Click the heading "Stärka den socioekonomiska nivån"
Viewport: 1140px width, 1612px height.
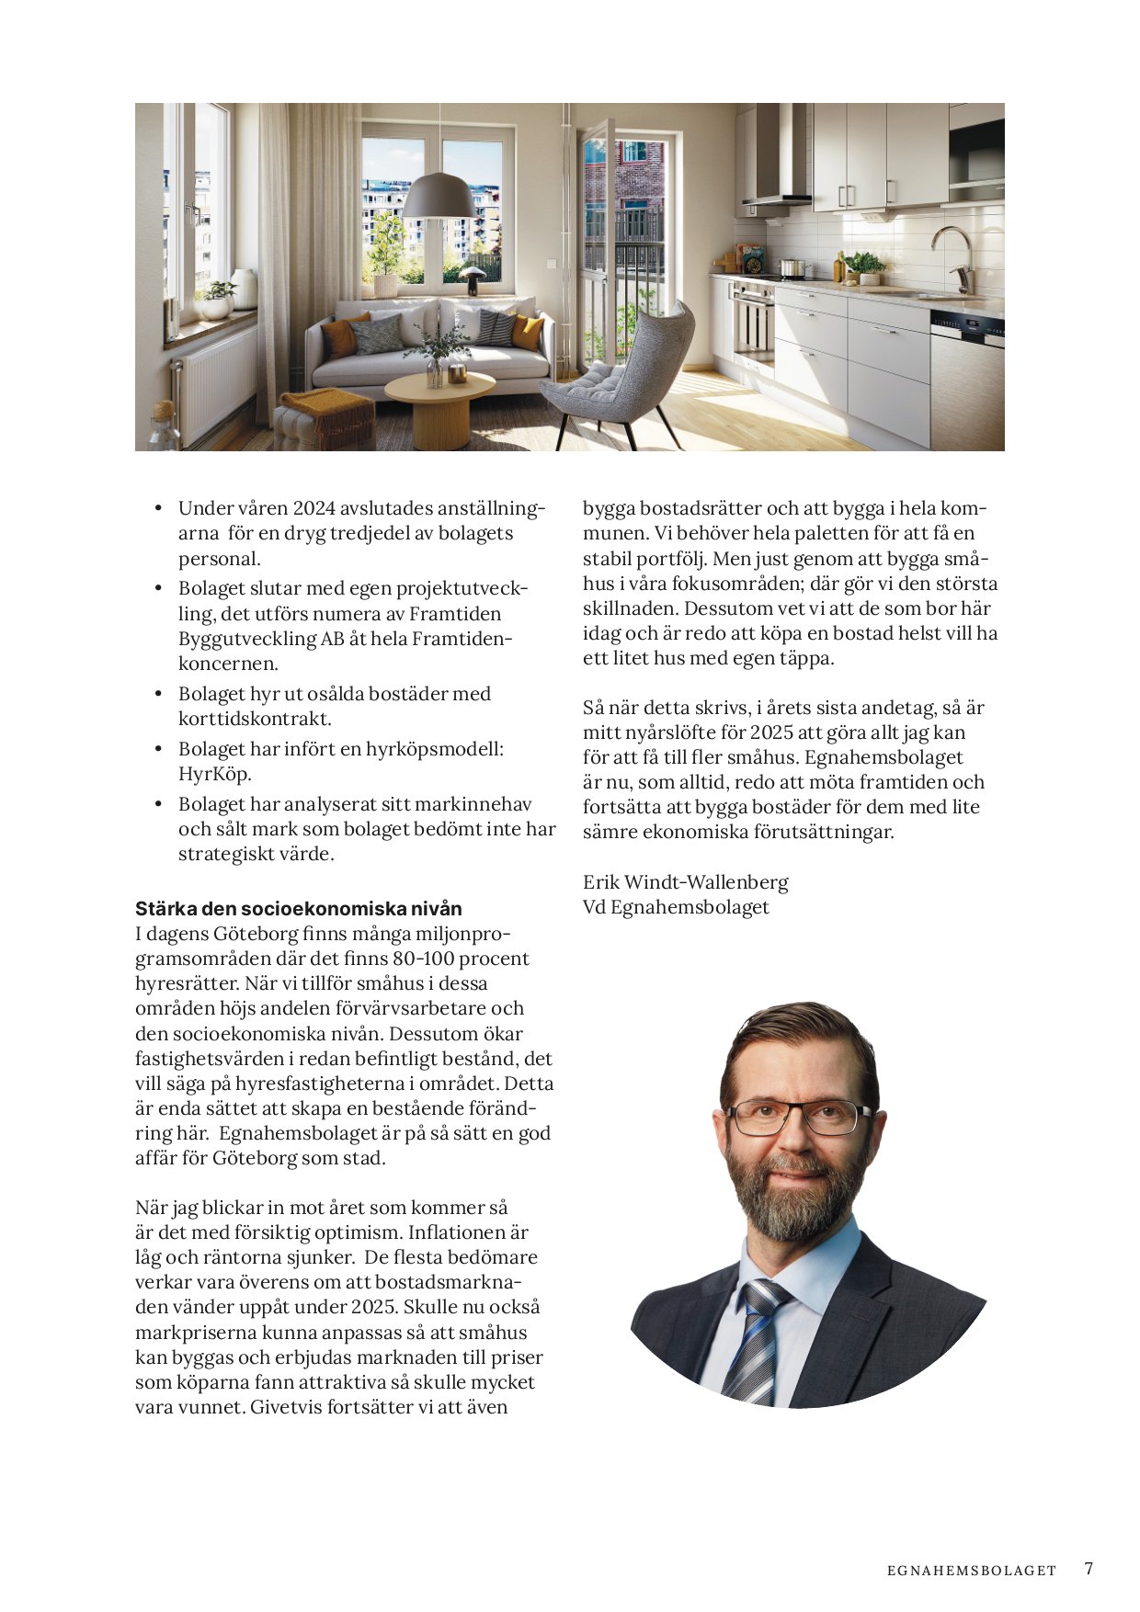pos(299,909)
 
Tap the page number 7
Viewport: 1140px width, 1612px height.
pos(1089,1569)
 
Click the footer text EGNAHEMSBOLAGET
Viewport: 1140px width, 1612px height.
pos(972,1571)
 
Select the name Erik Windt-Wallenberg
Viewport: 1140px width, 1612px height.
pos(686,882)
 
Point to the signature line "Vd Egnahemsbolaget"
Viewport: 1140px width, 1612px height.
pos(676,907)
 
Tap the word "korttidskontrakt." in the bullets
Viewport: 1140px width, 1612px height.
pos(255,719)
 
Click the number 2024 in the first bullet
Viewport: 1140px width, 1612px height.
pos(313,508)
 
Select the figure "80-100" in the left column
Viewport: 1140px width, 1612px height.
pos(427,959)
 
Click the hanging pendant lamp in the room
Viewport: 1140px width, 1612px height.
pos(439,197)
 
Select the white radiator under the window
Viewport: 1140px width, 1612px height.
pos(216,381)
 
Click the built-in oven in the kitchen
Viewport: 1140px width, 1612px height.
pos(753,321)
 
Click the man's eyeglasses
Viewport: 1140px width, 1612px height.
pos(797,1117)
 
